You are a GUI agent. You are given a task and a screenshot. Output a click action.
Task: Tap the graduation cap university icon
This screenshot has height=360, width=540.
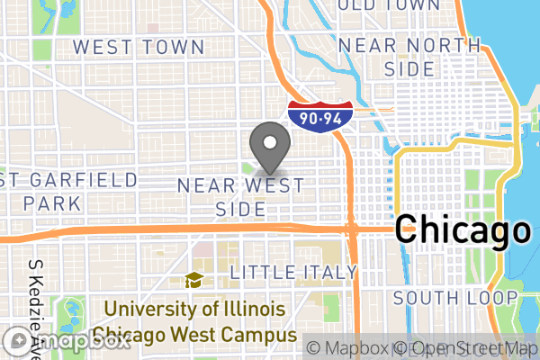pyautogui.click(x=193, y=281)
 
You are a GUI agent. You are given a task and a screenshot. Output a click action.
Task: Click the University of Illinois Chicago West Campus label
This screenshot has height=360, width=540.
pyautogui.click(x=199, y=322)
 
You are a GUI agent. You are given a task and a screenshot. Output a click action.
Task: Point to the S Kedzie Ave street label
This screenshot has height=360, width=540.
pyautogui.click(x=37, y=306)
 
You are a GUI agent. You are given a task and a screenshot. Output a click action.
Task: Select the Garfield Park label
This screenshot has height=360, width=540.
pyautogui.click(x=68, y=191)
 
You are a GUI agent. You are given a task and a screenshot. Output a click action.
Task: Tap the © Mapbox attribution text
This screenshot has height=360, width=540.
pyautogui.click(x=347, y=347)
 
